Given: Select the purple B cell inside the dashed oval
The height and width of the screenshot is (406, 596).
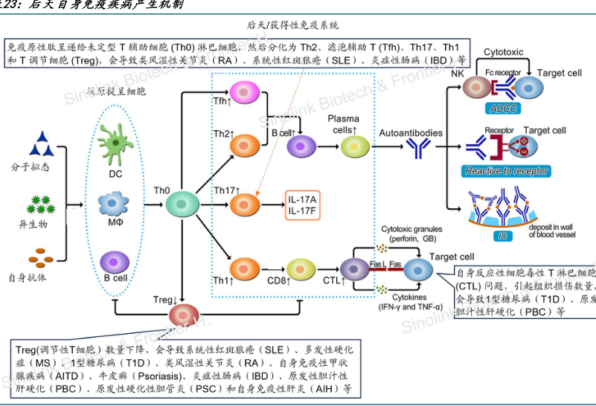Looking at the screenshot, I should (115, 262).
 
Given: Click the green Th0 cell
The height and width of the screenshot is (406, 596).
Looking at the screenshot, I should (180, 202).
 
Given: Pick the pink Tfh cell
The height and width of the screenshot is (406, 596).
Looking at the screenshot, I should (243, 92).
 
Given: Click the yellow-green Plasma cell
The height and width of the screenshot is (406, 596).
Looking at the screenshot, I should (355, 148).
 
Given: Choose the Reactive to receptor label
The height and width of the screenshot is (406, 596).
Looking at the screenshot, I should (507, 171).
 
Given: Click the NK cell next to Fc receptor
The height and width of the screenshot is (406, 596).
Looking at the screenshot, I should (475, 88).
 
